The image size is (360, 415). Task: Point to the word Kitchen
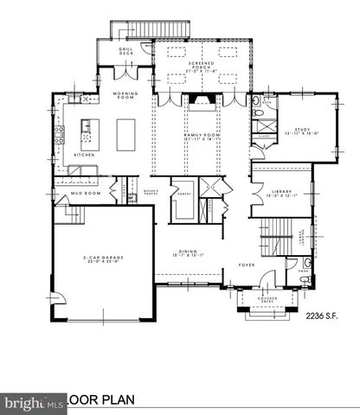click(84, 154)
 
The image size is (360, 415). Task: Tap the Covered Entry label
click(261, 301)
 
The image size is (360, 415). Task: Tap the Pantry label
click(183, 195)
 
